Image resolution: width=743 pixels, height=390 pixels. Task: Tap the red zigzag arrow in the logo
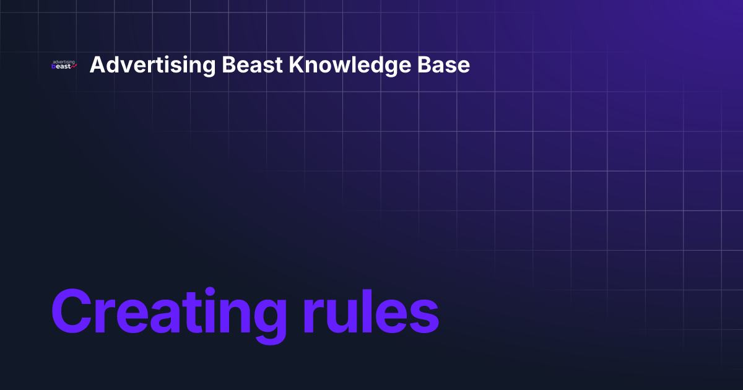pos(74,67)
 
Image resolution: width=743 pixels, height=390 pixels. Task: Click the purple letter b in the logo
pos(54,66)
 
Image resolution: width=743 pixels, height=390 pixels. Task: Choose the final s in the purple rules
pos(424,315)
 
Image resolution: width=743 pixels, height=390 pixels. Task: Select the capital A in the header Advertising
pos(96,65)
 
